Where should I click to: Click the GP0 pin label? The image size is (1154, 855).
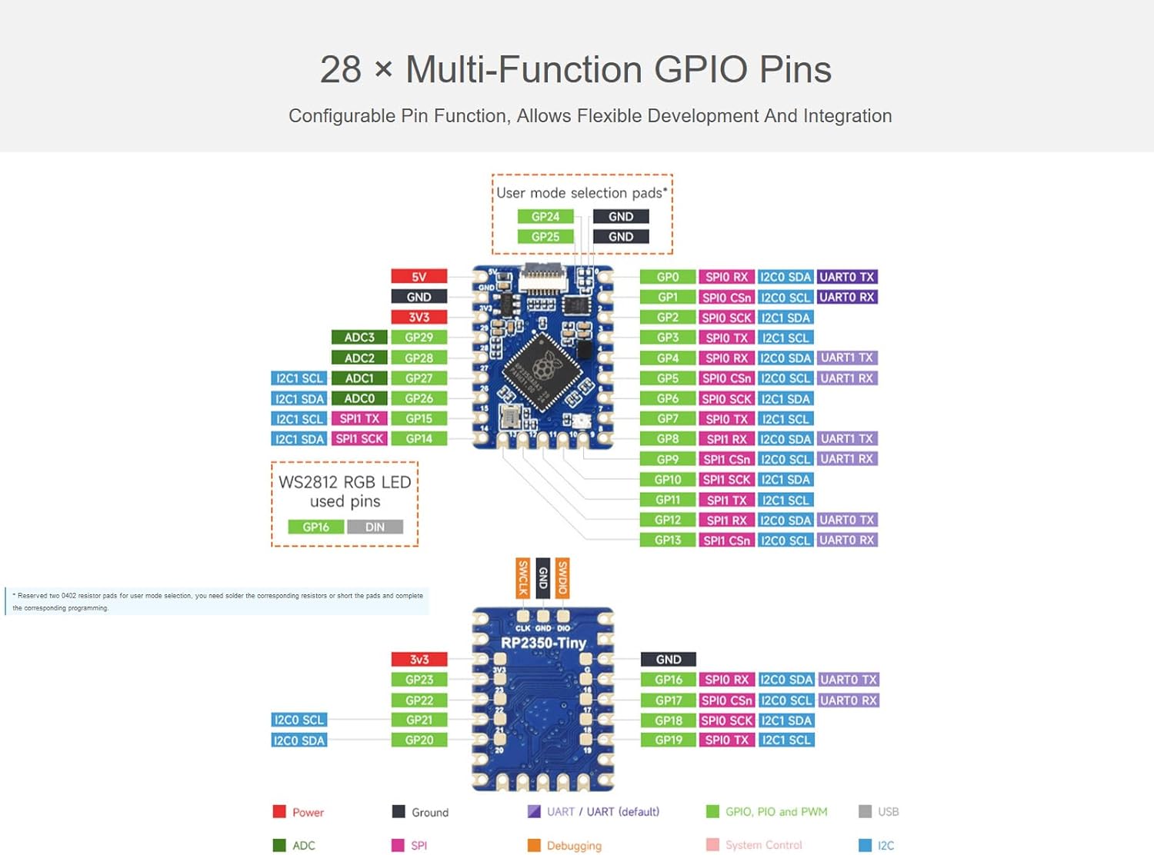tap(667, 277)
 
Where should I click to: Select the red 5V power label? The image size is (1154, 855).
tap(419, 277)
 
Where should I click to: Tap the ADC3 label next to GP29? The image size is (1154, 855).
tap(359, 338)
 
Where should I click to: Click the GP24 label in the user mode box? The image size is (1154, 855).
tap(545, 217)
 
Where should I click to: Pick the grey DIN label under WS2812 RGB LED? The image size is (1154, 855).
tap(375, 527)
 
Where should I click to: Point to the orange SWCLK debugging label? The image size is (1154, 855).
tap(523, 577)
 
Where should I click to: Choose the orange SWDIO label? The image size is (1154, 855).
tap(562, 577)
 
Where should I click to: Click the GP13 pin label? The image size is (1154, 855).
tap(667, 541)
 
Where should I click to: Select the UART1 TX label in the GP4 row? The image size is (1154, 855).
tap(846, 358)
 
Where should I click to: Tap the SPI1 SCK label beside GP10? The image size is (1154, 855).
tap(726, 480)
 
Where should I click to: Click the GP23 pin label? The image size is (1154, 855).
tap(419, 680)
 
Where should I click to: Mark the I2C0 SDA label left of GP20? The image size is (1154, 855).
tap(299, 740)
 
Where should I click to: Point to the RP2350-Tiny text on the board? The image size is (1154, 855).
tap(543, 643)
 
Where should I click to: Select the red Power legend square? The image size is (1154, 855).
tap(279, 812)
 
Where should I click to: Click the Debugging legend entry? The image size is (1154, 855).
tap(573, 846)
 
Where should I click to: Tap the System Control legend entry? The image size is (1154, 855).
tap(762, 845)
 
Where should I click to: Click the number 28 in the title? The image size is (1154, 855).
tap(340, 70)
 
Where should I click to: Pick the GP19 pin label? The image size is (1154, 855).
tap(668, 740)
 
